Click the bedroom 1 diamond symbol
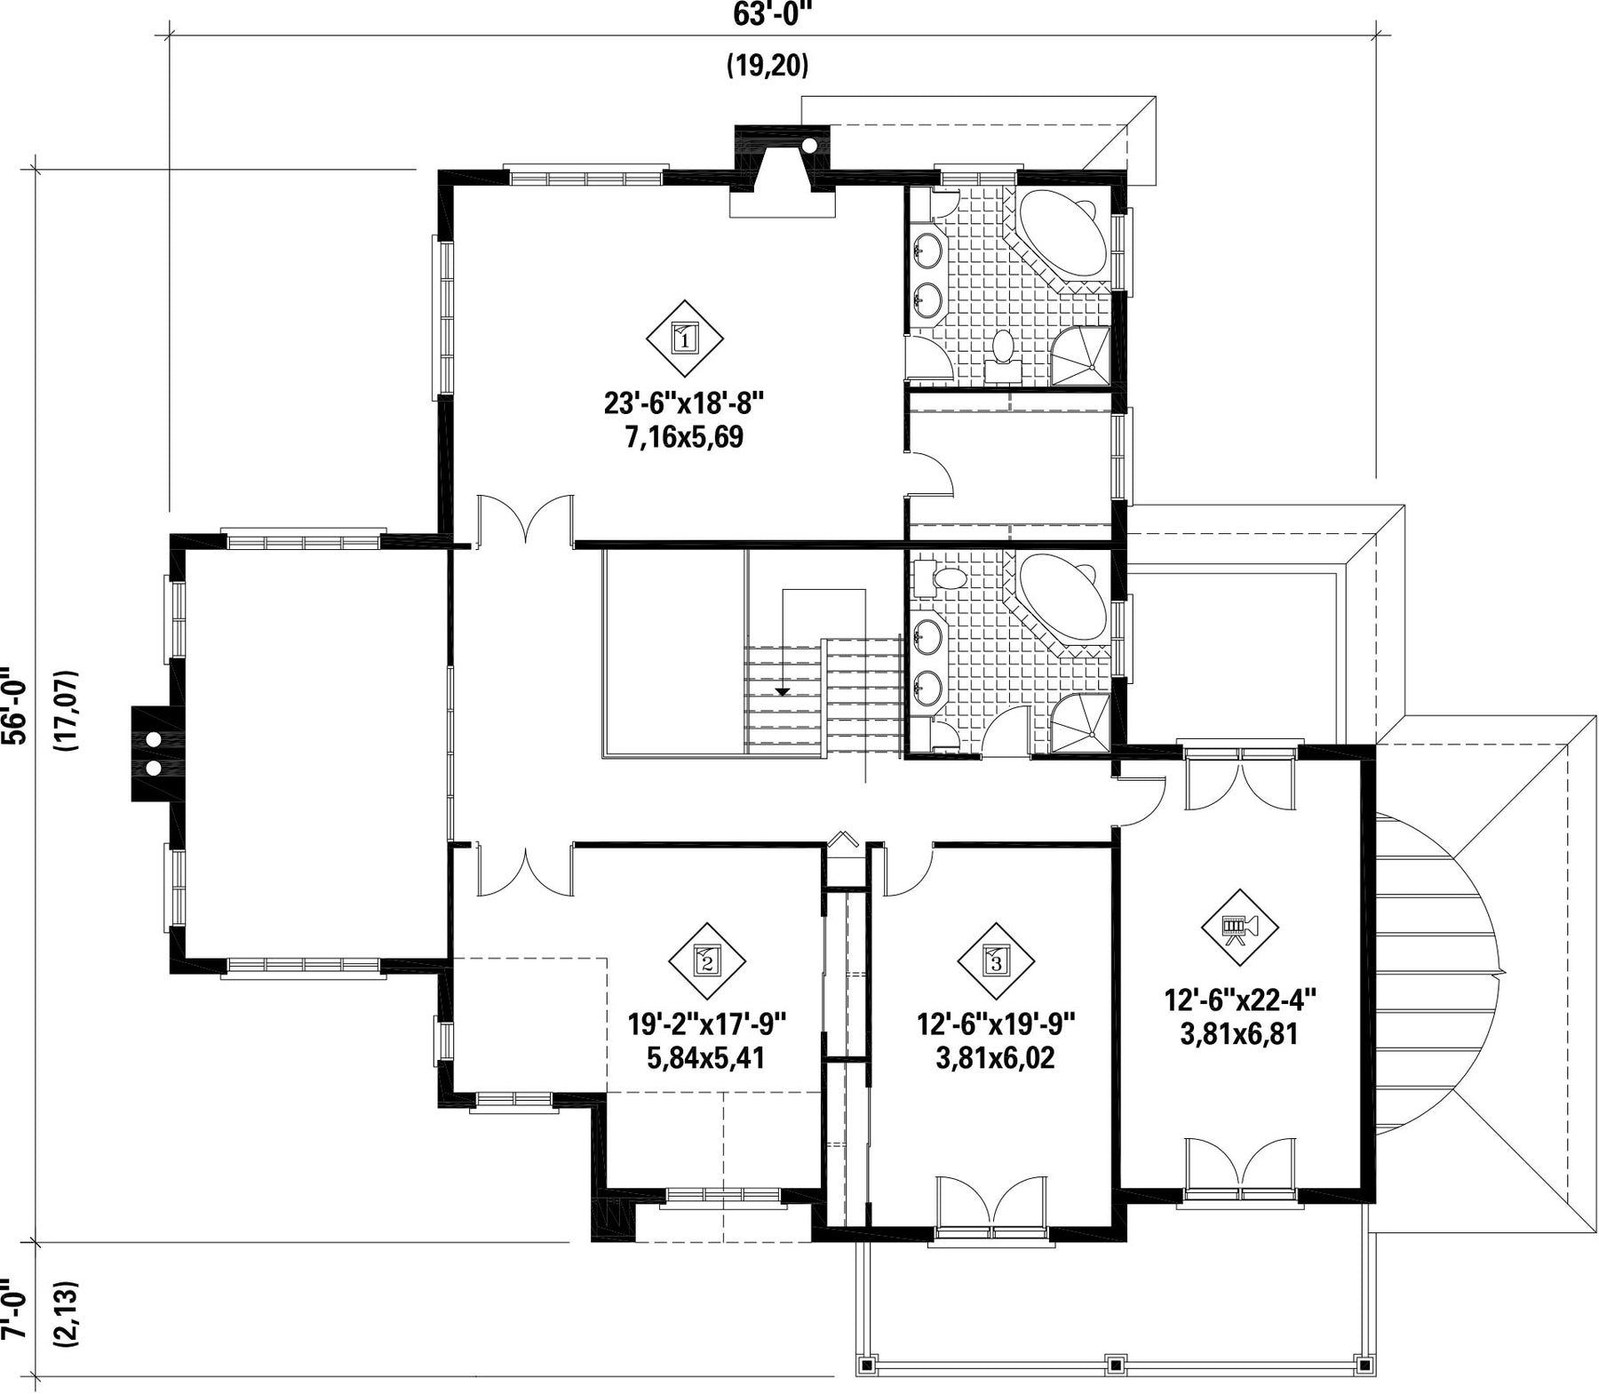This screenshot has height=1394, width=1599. pyautogui.click(x=684, y=338)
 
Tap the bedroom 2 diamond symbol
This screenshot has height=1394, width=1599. pyautogui.click(x=707, y=960)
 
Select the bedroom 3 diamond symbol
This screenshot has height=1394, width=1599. pyautogui.click(x=996, y=960)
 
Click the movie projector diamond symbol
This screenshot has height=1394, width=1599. pyautogui.click(x=1239, y=928)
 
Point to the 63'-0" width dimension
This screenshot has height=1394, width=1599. pyautogui.click(x=773, y=15)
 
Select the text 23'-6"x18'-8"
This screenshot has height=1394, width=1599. pyautogui.click(x=684, y=404)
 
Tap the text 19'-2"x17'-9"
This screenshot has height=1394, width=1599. pyautogui.click(x=708, y=1024)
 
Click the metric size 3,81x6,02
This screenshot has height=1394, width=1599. pyautogui.click(x=996, y=1058)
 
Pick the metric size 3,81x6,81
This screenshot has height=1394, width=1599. pyautogui.click(x=1239, y=1034)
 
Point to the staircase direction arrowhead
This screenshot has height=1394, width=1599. pyautogui.click(x=783, y=690)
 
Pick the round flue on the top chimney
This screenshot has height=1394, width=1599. pyautogui.click(x=809, y=147)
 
